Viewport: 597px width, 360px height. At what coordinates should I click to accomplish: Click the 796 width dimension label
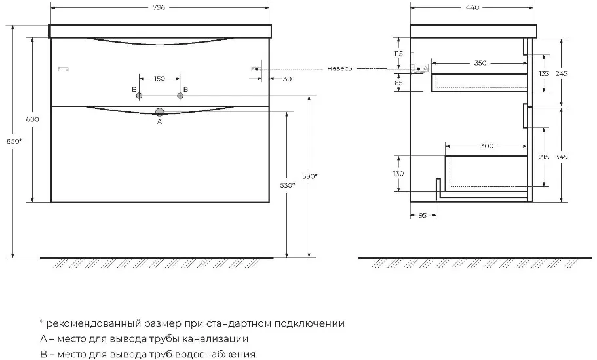(x=159, y=7)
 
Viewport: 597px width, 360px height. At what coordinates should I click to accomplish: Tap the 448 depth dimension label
(x=472, y=7)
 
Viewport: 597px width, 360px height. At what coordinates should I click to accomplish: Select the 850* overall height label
(x=14, y=141)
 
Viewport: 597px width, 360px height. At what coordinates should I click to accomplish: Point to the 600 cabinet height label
(x=32, y=119)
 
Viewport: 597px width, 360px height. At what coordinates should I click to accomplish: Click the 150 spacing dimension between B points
(x=159, y=79)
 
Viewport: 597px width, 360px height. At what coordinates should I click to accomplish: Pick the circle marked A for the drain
(x=159, y=112)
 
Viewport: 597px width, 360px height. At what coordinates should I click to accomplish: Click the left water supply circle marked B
(x=139, y=96)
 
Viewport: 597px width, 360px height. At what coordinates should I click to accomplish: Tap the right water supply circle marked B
(x=180, y=96)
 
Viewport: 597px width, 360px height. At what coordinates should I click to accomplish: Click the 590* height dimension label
(x=309, y=176)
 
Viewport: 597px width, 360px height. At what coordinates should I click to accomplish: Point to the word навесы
(x=340, y=69)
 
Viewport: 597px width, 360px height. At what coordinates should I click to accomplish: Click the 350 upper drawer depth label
(x=480, y=63)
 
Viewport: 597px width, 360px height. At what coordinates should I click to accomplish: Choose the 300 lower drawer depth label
(x=487, y=146)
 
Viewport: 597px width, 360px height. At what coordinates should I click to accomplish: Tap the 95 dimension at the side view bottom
(x=423, y=216)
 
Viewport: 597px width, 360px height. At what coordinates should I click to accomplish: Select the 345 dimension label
(x=561, y=157)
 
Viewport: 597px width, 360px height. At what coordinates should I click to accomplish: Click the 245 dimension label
(x=561, y=73)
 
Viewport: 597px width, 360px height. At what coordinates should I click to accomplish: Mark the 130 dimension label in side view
(x=398, y=173)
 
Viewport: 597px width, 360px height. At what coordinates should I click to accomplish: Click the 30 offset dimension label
(x=288, y=79)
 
